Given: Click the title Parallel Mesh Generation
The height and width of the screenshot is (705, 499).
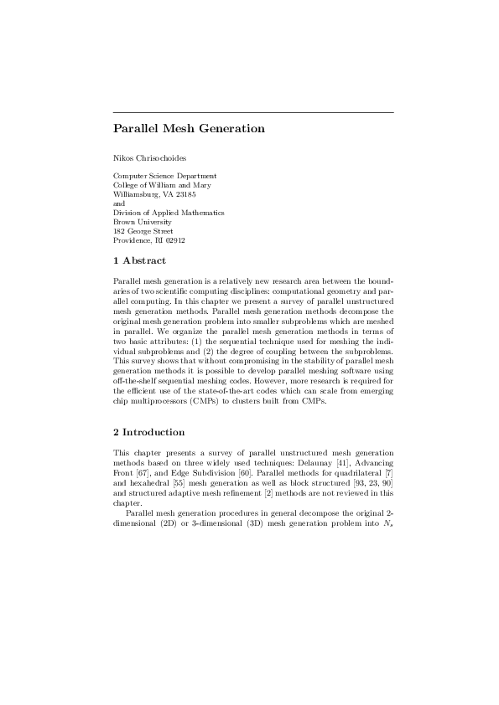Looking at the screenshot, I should [189, 129].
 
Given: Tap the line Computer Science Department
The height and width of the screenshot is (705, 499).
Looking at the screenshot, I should [165, 176].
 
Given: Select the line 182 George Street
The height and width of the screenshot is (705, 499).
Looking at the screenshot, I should [143, 231].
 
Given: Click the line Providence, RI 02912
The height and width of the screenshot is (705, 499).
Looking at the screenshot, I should [149, 240].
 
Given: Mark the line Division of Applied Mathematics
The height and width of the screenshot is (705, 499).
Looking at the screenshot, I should [169, 213].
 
